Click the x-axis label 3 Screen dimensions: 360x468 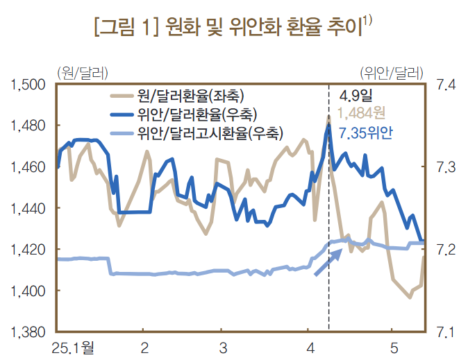[x=222, y=347]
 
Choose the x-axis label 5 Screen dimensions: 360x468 [x=393, y=347]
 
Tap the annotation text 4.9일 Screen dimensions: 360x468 [x=356, y=95]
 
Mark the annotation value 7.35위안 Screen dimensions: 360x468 [x=365, y=132]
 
